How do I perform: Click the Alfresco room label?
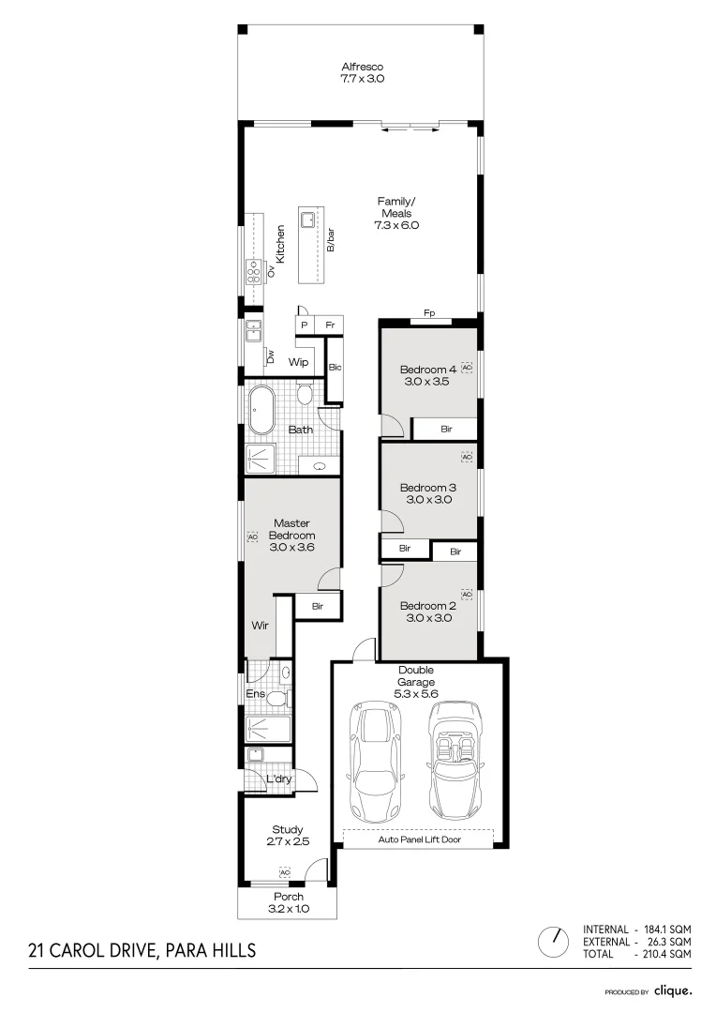[362, 67]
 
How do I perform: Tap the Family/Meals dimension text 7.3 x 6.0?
[395, 225]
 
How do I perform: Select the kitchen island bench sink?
[307, 219]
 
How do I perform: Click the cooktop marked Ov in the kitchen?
[253, 271]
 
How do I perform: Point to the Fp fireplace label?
[428, 313]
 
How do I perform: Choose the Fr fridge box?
[329, 325]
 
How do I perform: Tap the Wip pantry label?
[299, 361]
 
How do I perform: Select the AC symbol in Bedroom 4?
[467, 368]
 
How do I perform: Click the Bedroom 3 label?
[427, 488]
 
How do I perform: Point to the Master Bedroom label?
[291, 529]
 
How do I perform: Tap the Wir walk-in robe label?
[261, 625]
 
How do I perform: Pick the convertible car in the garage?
[455, 760]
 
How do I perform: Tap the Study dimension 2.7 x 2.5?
[287, 842]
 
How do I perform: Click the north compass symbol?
[555, 939]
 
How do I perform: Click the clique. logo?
[673, 990]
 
